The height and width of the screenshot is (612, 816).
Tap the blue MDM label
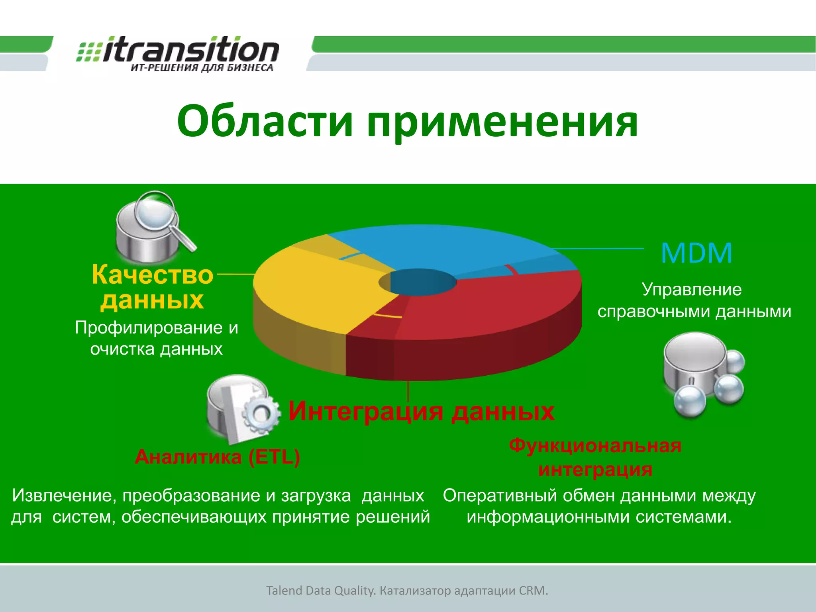click(696, 253)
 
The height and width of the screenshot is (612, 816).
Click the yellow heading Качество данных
click(152, 287)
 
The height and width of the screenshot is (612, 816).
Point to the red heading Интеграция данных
click(421, 411)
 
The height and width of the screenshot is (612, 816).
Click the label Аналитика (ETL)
click(217, 457)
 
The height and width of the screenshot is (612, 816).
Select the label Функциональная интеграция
click(595, 457)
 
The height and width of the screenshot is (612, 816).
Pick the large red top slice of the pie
click(490, 307)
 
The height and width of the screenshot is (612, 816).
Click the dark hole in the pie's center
click(418, 282)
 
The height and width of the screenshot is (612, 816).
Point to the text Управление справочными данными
click(693, 300)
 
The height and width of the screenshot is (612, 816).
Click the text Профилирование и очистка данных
click(156, 338)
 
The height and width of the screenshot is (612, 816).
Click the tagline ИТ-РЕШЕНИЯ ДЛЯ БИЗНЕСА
click(202, 68)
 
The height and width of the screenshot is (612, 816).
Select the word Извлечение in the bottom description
click(64, 495)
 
